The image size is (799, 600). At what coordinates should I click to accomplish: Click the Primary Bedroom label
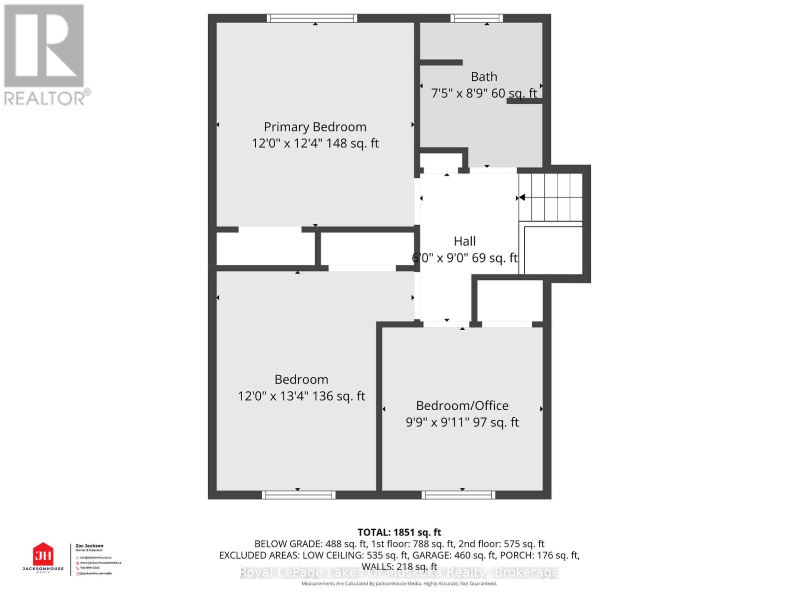click(x=315, y=126)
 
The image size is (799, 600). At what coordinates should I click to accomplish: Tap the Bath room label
click(x=484, y=76)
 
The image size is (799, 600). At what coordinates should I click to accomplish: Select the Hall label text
click(x=464, y=241)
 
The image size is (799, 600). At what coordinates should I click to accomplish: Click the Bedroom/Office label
click(x=462, y=405)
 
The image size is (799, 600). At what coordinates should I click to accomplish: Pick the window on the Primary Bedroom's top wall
click(x=312, y=18)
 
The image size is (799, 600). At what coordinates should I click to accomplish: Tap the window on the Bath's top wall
click(x=476, y=18)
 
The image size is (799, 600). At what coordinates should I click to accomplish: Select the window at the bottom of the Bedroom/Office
click(x=458, y=495)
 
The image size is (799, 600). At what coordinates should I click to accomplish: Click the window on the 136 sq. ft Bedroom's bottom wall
click(x=299, y=495)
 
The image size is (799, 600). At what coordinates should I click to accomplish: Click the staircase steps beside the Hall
click(x=551, y=197)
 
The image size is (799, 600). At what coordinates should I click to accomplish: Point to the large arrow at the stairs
click(x=522, y=197)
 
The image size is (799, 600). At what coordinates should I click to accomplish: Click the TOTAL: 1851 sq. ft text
click(x=399, y=532)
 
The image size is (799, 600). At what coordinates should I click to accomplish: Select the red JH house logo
click(x=43, y=554)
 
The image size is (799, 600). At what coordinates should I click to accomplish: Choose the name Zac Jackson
click(x=89, y=546)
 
